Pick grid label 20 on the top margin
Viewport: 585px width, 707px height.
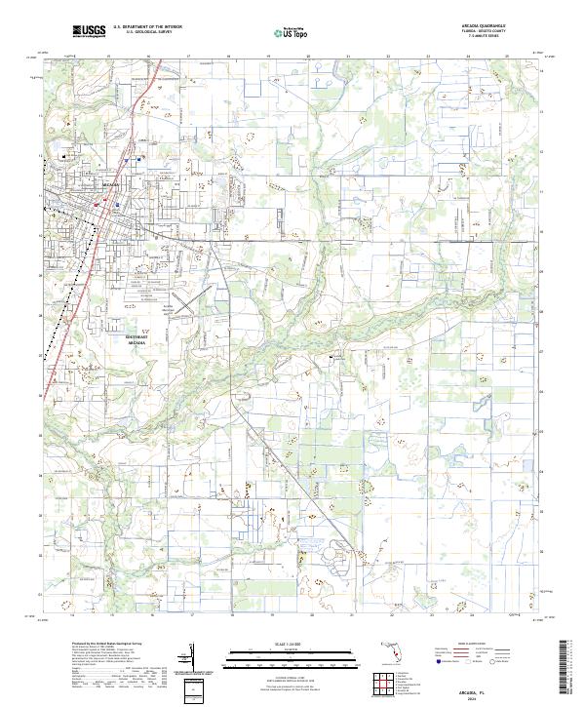point(308,57)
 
